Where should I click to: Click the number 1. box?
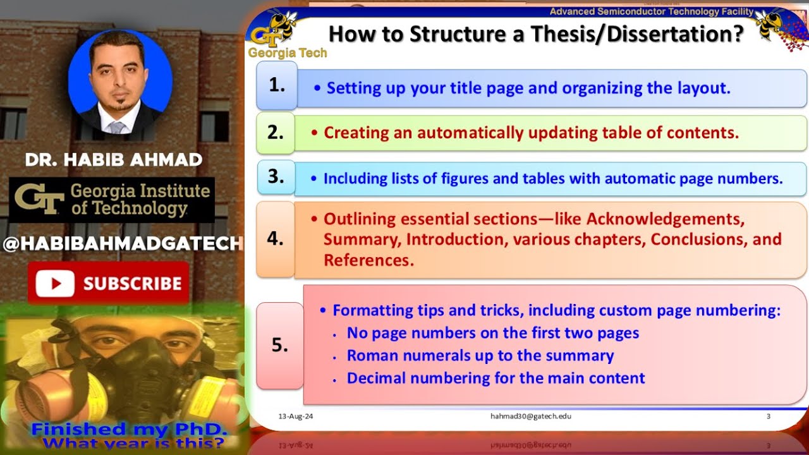(277, 86)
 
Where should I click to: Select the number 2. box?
(276, 133)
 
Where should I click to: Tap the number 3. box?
(276, 177)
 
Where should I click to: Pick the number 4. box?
(276, 239)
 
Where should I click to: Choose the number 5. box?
(279, 345)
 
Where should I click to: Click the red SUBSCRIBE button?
(108, 284)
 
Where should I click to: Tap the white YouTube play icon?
(55, 284)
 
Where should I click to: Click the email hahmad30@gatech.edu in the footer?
(531, 416)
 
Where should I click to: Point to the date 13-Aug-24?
(296, 416)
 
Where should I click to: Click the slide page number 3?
(768, 416)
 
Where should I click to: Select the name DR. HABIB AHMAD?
(114, 160)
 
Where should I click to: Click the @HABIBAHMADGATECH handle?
(123, 244)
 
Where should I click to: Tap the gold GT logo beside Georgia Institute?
(39, 200)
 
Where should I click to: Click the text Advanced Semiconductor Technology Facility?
(651, 11)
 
